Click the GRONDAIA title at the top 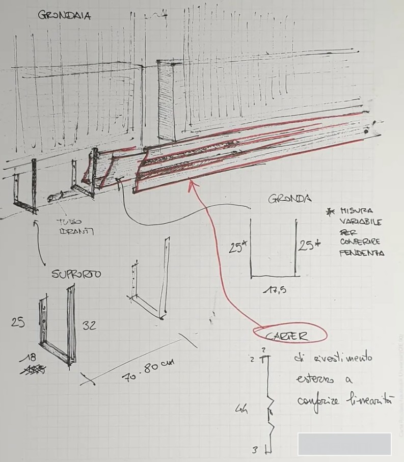[64, 15]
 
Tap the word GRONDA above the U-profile [289, 199]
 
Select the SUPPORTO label [76, 274]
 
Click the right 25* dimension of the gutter [309, 246]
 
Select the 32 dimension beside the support [89, 325]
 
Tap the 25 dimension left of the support [17, 322]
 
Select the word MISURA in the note [356, 210]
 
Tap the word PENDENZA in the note [362, 253]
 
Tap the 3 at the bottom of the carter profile [254, 449]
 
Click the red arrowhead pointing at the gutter [193, 184]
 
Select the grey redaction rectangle [344, 444]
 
